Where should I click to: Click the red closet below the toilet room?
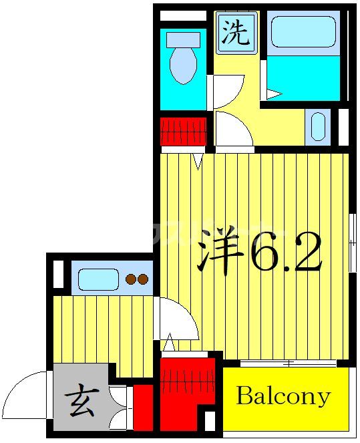[183, 131]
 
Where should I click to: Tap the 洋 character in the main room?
[220, 253]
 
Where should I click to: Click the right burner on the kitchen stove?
[143, 280]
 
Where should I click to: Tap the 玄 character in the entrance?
[80, 404]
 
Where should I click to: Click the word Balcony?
[283, 397]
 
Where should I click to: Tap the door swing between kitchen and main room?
[178, 317]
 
